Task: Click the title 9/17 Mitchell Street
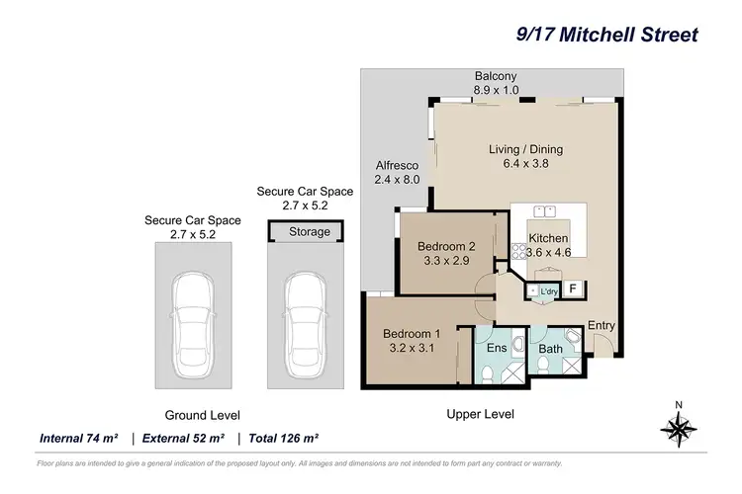point(607,35)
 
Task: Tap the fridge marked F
point(572,289)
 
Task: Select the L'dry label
point(547,291)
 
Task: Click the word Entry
point(601,325)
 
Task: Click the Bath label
point(550,349)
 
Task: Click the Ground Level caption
point(202,415)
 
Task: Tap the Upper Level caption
point(480,414)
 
